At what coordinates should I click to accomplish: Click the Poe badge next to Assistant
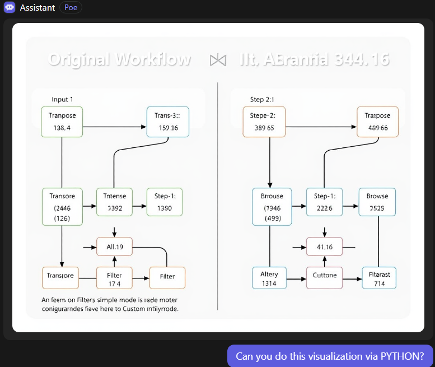coord(71,8)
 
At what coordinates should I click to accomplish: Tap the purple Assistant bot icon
coord(10,8)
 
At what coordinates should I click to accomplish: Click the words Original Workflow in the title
coord(119,60)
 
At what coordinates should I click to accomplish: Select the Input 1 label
coord(62,99)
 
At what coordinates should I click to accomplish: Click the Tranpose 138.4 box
coord(62,122)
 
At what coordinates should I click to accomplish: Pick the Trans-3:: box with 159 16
coord(167,122)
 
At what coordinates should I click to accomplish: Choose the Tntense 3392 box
coord(114,202)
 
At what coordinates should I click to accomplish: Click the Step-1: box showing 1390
coord(165,202)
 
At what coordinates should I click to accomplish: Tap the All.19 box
coord(114,247)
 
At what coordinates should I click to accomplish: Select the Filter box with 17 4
coord(114,278)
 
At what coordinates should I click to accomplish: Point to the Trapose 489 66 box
coord(377,122)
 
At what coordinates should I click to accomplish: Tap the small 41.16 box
coord(324,247)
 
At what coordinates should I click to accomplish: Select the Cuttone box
coord(324,277)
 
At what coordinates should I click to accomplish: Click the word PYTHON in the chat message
coord(399,356)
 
